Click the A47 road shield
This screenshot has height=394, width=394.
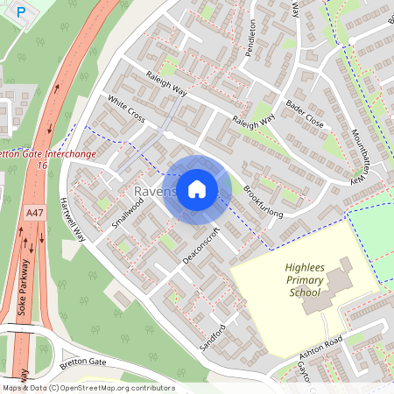click(34, 213)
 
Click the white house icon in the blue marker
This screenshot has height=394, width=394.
click(197, 189)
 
